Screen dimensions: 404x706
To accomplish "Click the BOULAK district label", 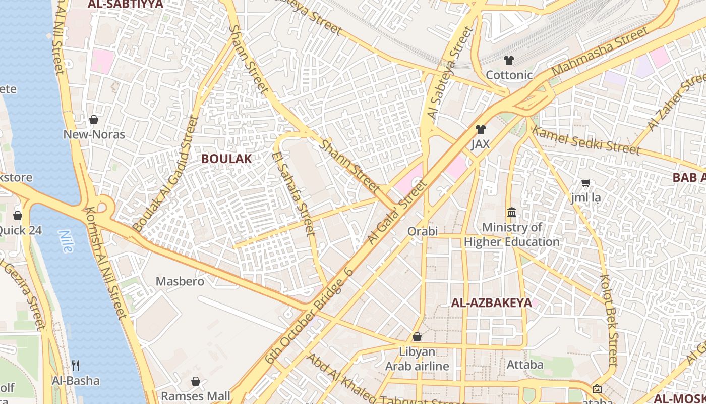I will (226, 159).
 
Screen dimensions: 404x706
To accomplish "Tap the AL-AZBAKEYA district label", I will (491, 303).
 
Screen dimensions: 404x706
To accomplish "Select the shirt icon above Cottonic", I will (508, 60).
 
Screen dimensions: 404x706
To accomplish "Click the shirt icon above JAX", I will (480, 129).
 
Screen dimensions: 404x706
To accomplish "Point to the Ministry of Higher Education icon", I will (512, 212).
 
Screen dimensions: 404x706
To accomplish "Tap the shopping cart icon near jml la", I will (585, 183).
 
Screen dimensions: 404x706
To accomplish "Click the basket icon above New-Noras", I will (94, 120).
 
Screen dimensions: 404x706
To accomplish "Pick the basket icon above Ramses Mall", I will (196, 381).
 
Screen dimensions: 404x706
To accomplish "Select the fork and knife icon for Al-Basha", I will (76, 365).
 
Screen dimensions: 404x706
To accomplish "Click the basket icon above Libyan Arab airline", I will (417, 337).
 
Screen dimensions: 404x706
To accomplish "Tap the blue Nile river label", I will (66, 241).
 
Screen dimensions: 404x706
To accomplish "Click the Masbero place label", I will (180, 281).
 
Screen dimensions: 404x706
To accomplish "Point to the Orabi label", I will (423, 231).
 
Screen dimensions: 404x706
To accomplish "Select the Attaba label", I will (525, 364).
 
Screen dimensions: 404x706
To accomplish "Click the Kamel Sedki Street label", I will (586, 141).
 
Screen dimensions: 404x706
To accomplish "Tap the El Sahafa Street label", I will (293, 193).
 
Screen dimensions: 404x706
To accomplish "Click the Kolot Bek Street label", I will (608, 320).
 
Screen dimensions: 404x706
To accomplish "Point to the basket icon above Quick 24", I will (18, 216).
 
